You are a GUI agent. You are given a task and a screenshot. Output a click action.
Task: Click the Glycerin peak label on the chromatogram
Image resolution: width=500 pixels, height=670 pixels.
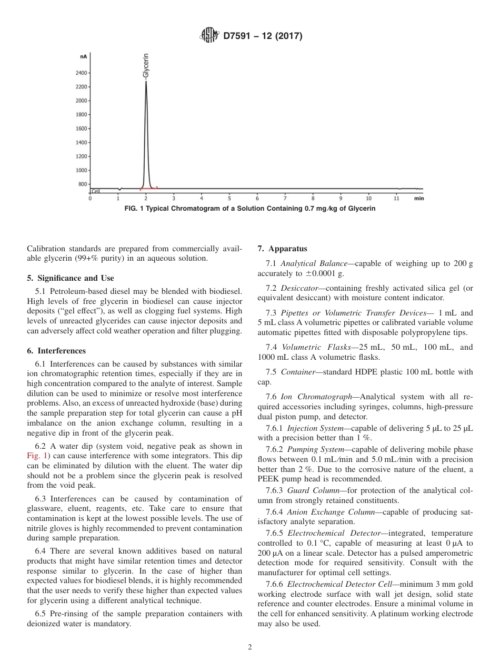click(x=146, y=66)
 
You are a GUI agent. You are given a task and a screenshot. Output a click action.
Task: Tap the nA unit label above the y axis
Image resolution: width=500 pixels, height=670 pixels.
click(x=83, y=56)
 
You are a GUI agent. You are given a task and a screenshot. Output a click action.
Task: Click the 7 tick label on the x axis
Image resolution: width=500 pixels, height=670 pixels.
click(x=285, y=199)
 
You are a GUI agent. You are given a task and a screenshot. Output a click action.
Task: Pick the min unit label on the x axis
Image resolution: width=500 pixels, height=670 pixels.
click(x=418, y=199)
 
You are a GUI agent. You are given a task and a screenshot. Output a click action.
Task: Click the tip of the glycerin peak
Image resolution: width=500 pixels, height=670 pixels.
click(x=146, y=82)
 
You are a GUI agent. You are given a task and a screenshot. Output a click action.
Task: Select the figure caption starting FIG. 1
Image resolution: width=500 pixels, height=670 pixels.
click(x=249, y=209)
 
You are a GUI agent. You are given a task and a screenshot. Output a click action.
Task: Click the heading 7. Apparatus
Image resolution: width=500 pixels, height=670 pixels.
click(x=282, y=249)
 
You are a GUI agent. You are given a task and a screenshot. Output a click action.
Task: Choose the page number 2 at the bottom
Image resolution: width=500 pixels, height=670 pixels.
click(x=250, y=647)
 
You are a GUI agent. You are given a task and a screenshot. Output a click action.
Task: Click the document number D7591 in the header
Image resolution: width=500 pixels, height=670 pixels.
click(x=240, y=36)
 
